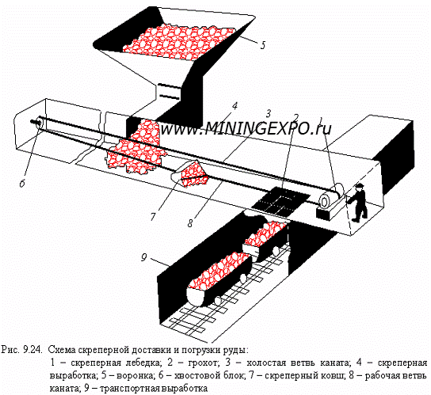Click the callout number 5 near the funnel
(262, 45)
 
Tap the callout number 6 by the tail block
(22, 183)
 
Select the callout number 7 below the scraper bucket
(153, 217)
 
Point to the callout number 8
(190, 222)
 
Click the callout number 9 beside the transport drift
(144, 257)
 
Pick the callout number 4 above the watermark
(235, 106)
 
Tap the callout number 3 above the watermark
(268, 113)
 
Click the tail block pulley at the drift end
(38, 123)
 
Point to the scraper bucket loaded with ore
(190, 173)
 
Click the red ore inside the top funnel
(179, 41)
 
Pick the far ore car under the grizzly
(266, 240)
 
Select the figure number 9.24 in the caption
(32, 350)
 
